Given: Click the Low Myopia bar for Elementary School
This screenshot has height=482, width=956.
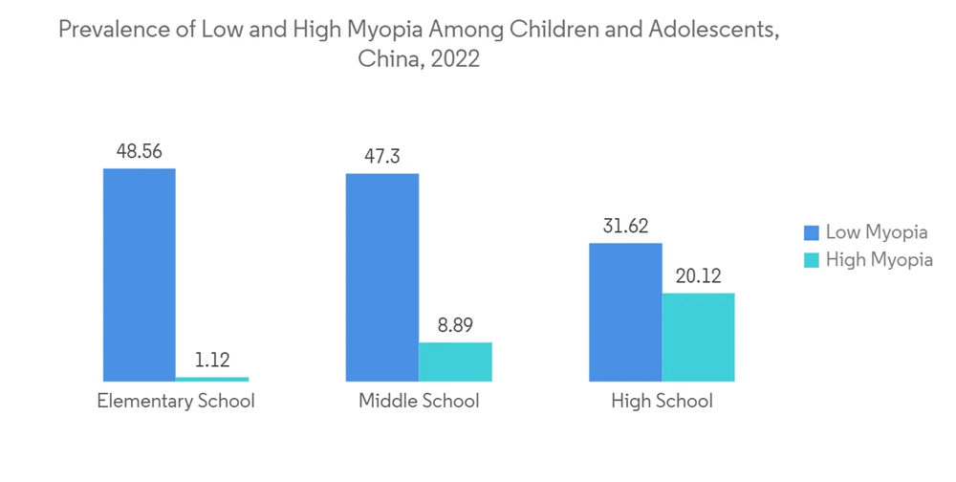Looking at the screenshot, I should (140, 275).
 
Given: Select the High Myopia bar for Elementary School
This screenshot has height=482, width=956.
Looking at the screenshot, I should (212, 379).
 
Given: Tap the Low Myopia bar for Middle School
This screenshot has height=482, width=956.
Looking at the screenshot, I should (382, 277).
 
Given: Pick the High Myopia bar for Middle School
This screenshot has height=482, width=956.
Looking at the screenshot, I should (455, 361).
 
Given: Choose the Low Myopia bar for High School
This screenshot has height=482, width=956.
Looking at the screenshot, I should (625, 313).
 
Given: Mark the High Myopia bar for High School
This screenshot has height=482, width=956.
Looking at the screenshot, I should (698, 337).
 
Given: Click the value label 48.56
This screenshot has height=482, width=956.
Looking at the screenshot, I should (139, 151).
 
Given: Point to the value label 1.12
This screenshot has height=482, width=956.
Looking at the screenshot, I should (212, 361).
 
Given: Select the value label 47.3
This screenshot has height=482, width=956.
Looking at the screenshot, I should (381, 156).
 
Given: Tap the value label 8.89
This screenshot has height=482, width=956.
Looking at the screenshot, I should (455, 325).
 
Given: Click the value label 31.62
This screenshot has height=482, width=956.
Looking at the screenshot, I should (625, 227).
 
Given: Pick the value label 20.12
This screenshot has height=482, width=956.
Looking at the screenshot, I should (698, 276).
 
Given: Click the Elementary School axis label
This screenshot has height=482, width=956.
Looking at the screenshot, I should (176, 401).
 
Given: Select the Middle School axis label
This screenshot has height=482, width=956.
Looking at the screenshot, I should (419, 401).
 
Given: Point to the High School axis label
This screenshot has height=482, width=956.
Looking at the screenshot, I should (662, 401).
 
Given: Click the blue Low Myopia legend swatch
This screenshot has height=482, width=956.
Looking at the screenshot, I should (812, 232).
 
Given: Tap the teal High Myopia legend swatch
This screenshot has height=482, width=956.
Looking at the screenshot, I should (812, 259).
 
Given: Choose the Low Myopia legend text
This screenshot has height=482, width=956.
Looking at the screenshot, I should (877, 232).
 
